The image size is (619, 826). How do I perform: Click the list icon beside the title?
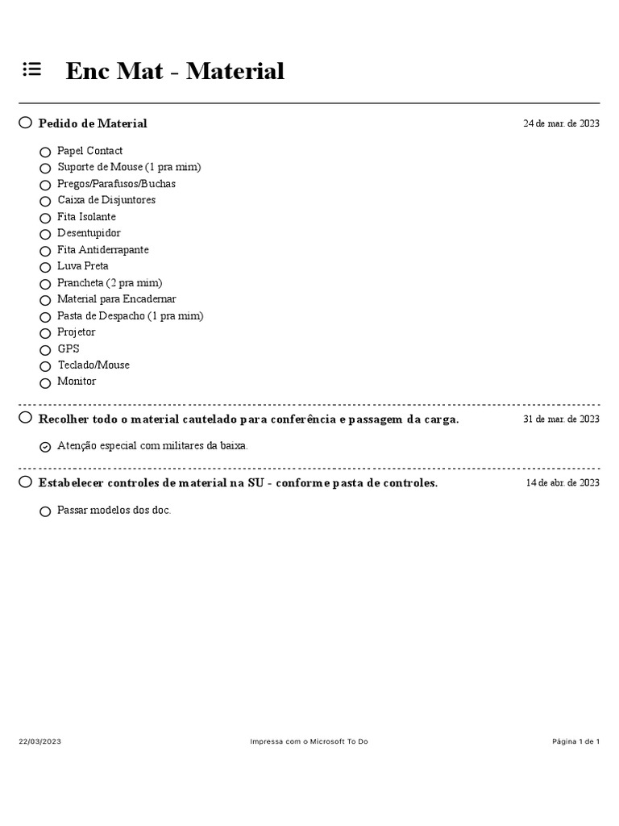pyautogui.click(x=31, y=70)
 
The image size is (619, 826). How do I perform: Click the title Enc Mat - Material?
pyautogui.click(x=175, y=71)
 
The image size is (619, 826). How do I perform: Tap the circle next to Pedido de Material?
pyautogui.click(x=26, y=123)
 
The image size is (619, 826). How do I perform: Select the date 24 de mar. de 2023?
pyautogui.click(x=561, y=123)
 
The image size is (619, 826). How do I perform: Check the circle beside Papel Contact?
pyautogui.click(x=45, y=152)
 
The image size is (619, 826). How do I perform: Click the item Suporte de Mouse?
pyautogui.click(x=129, y=167)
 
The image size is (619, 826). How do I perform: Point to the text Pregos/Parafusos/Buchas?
pyautogui.click(x=116, y=184)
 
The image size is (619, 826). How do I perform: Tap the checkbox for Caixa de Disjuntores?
pyautogui.click(x=45, y=201)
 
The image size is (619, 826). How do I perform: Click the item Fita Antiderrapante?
pyautogui.click(x=103, y=250)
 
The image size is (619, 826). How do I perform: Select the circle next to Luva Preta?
pyautogui.click(x=45, y=267)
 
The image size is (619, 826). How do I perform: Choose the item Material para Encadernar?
pyautogui.click(x=116, y=299)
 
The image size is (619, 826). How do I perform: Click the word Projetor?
pyautogui.click(x=76, y=332)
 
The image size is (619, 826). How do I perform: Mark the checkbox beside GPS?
pyautogui.click(x=45, y=350)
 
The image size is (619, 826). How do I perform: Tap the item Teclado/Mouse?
pyautogui.click(x=93, y=365)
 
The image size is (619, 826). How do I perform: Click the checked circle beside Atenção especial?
pyautogui.click(x=45, y=446)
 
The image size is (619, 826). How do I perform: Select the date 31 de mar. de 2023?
pyautogui.click(x=561, y=419)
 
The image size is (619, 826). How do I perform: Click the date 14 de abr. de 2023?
pyautogui.click(x=563, y=483)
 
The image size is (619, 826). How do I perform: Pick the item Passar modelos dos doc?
pyautogui.click(x=114, y=511)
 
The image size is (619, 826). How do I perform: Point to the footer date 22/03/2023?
pyautogui.click(x=40, y=741)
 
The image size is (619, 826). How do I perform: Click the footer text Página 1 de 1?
pyautogui.click(x=575, y=741)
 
